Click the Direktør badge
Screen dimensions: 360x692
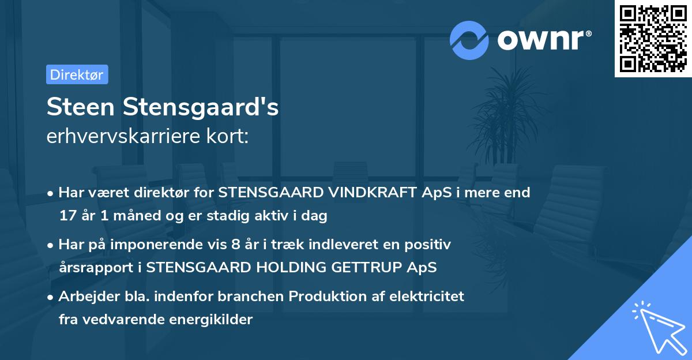77,74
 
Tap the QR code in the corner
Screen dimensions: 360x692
653,39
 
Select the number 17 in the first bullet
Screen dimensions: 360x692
67,216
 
